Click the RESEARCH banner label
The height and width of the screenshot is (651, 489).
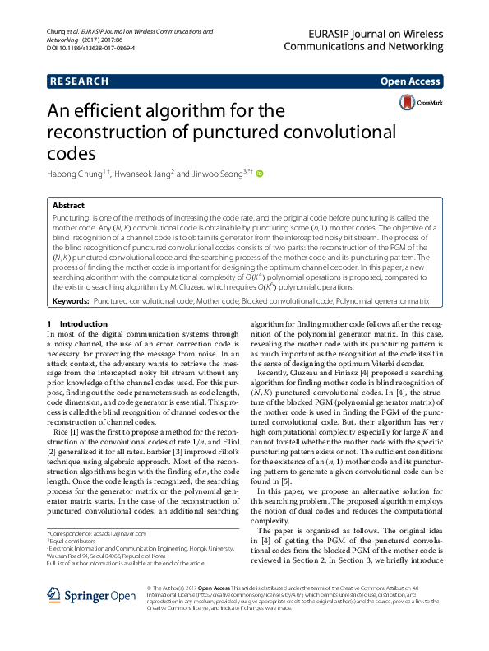click(79, 82)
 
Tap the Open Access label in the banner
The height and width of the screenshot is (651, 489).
click(410, 82)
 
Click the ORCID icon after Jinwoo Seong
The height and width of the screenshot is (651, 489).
click(260, 174)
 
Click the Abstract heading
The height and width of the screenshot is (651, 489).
click(68, 206)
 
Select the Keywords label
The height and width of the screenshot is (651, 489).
click(70, 302)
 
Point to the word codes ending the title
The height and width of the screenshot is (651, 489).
click(81, 152)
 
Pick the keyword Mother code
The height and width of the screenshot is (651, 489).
click(215, 302)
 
